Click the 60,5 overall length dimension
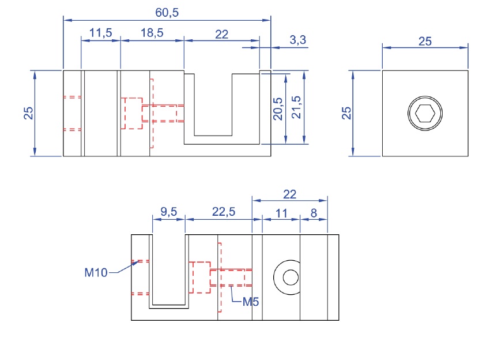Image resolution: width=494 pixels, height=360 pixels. point(167,13)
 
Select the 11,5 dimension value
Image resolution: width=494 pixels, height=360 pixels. point(101,33)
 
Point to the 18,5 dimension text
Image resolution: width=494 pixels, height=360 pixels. point(152,33)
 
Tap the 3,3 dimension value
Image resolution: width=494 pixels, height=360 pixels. point(297,40)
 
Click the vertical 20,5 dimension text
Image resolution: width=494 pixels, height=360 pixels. point(278,109)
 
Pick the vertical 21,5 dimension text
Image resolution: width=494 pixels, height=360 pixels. point(296,107)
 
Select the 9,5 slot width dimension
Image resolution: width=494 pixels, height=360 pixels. point(168,212)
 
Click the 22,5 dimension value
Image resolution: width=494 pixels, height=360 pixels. point(224,212)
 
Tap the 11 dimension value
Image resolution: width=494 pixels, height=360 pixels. point(281,213)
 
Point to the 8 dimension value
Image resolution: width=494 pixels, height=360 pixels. point(314,213)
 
